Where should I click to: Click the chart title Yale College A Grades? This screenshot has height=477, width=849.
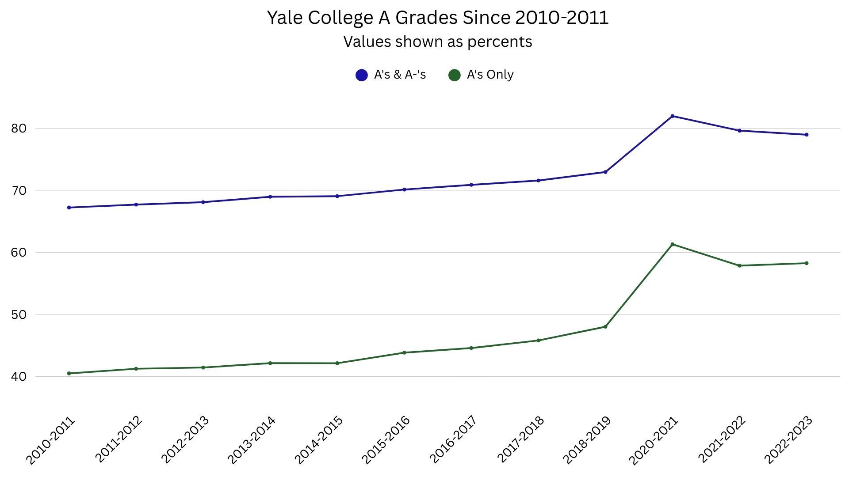(438, 18)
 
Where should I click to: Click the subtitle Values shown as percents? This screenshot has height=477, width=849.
(438, 42)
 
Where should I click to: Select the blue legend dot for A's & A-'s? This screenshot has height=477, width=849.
(362, 75)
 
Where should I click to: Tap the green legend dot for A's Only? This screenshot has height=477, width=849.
(455, 75)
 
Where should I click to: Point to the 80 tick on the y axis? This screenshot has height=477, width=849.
(19, 129)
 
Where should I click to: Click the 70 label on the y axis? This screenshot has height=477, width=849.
(19, 191)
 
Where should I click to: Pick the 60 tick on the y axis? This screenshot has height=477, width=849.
(19, 253)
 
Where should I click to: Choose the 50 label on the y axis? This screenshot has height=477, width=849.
(19, 315)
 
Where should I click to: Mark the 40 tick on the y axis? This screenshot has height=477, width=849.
(19, 377)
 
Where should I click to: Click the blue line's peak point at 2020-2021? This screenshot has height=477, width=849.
(672, 116)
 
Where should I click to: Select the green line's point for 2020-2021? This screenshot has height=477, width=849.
(672, 244)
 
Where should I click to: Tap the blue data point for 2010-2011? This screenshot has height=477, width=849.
(69, 208)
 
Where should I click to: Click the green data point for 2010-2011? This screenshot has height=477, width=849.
(69, 373)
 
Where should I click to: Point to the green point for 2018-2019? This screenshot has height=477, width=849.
(605, 327)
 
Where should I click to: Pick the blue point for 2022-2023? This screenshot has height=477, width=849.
(807, 135)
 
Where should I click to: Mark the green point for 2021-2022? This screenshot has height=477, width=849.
(739, 265)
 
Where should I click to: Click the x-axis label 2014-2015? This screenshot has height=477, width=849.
(319, 440)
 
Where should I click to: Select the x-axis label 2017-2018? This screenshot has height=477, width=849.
(520, 440)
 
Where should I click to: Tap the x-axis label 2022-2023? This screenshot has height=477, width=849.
(788, 440)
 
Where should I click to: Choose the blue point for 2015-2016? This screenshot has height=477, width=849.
(404, 189)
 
